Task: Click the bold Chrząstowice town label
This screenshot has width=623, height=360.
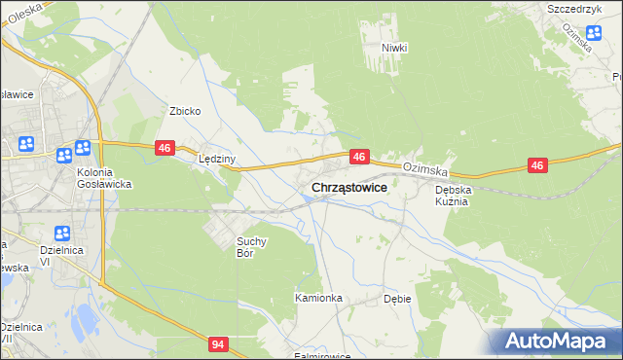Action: click(349, 187)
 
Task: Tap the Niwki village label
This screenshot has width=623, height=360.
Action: click(393, 47)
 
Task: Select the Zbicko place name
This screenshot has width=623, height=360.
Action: click(185, 111)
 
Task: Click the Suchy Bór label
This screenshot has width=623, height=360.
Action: click(252, 246)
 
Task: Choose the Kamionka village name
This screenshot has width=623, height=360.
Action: click(319, 298)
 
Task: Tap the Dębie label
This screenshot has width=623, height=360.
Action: click(397, 299)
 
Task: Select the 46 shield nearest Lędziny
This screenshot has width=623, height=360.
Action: click(164, 147)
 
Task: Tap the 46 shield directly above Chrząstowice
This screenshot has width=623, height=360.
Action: click(359, 156)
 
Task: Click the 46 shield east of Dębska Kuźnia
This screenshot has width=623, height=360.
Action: click(536, 165)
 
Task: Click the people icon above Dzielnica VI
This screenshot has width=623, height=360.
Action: click(61, 234)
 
